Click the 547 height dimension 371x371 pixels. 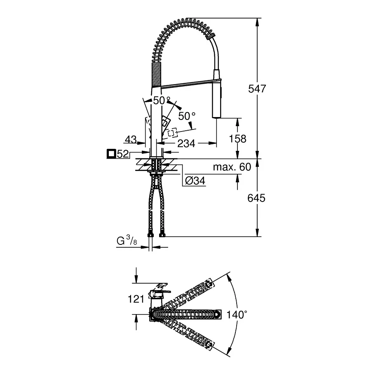257,89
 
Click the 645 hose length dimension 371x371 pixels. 256,198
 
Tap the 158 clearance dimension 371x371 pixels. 237,139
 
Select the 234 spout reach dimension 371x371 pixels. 186,143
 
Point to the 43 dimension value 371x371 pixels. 131,139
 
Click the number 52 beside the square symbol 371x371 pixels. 123,154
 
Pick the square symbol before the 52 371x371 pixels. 111,154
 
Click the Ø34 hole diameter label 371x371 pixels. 195,181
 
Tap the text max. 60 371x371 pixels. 232,167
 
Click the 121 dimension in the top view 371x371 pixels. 136,299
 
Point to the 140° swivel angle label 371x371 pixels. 237,315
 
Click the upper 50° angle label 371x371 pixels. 162,101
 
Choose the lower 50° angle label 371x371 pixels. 187,116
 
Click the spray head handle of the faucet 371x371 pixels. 217,93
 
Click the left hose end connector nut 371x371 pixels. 150,235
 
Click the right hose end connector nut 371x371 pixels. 162,235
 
